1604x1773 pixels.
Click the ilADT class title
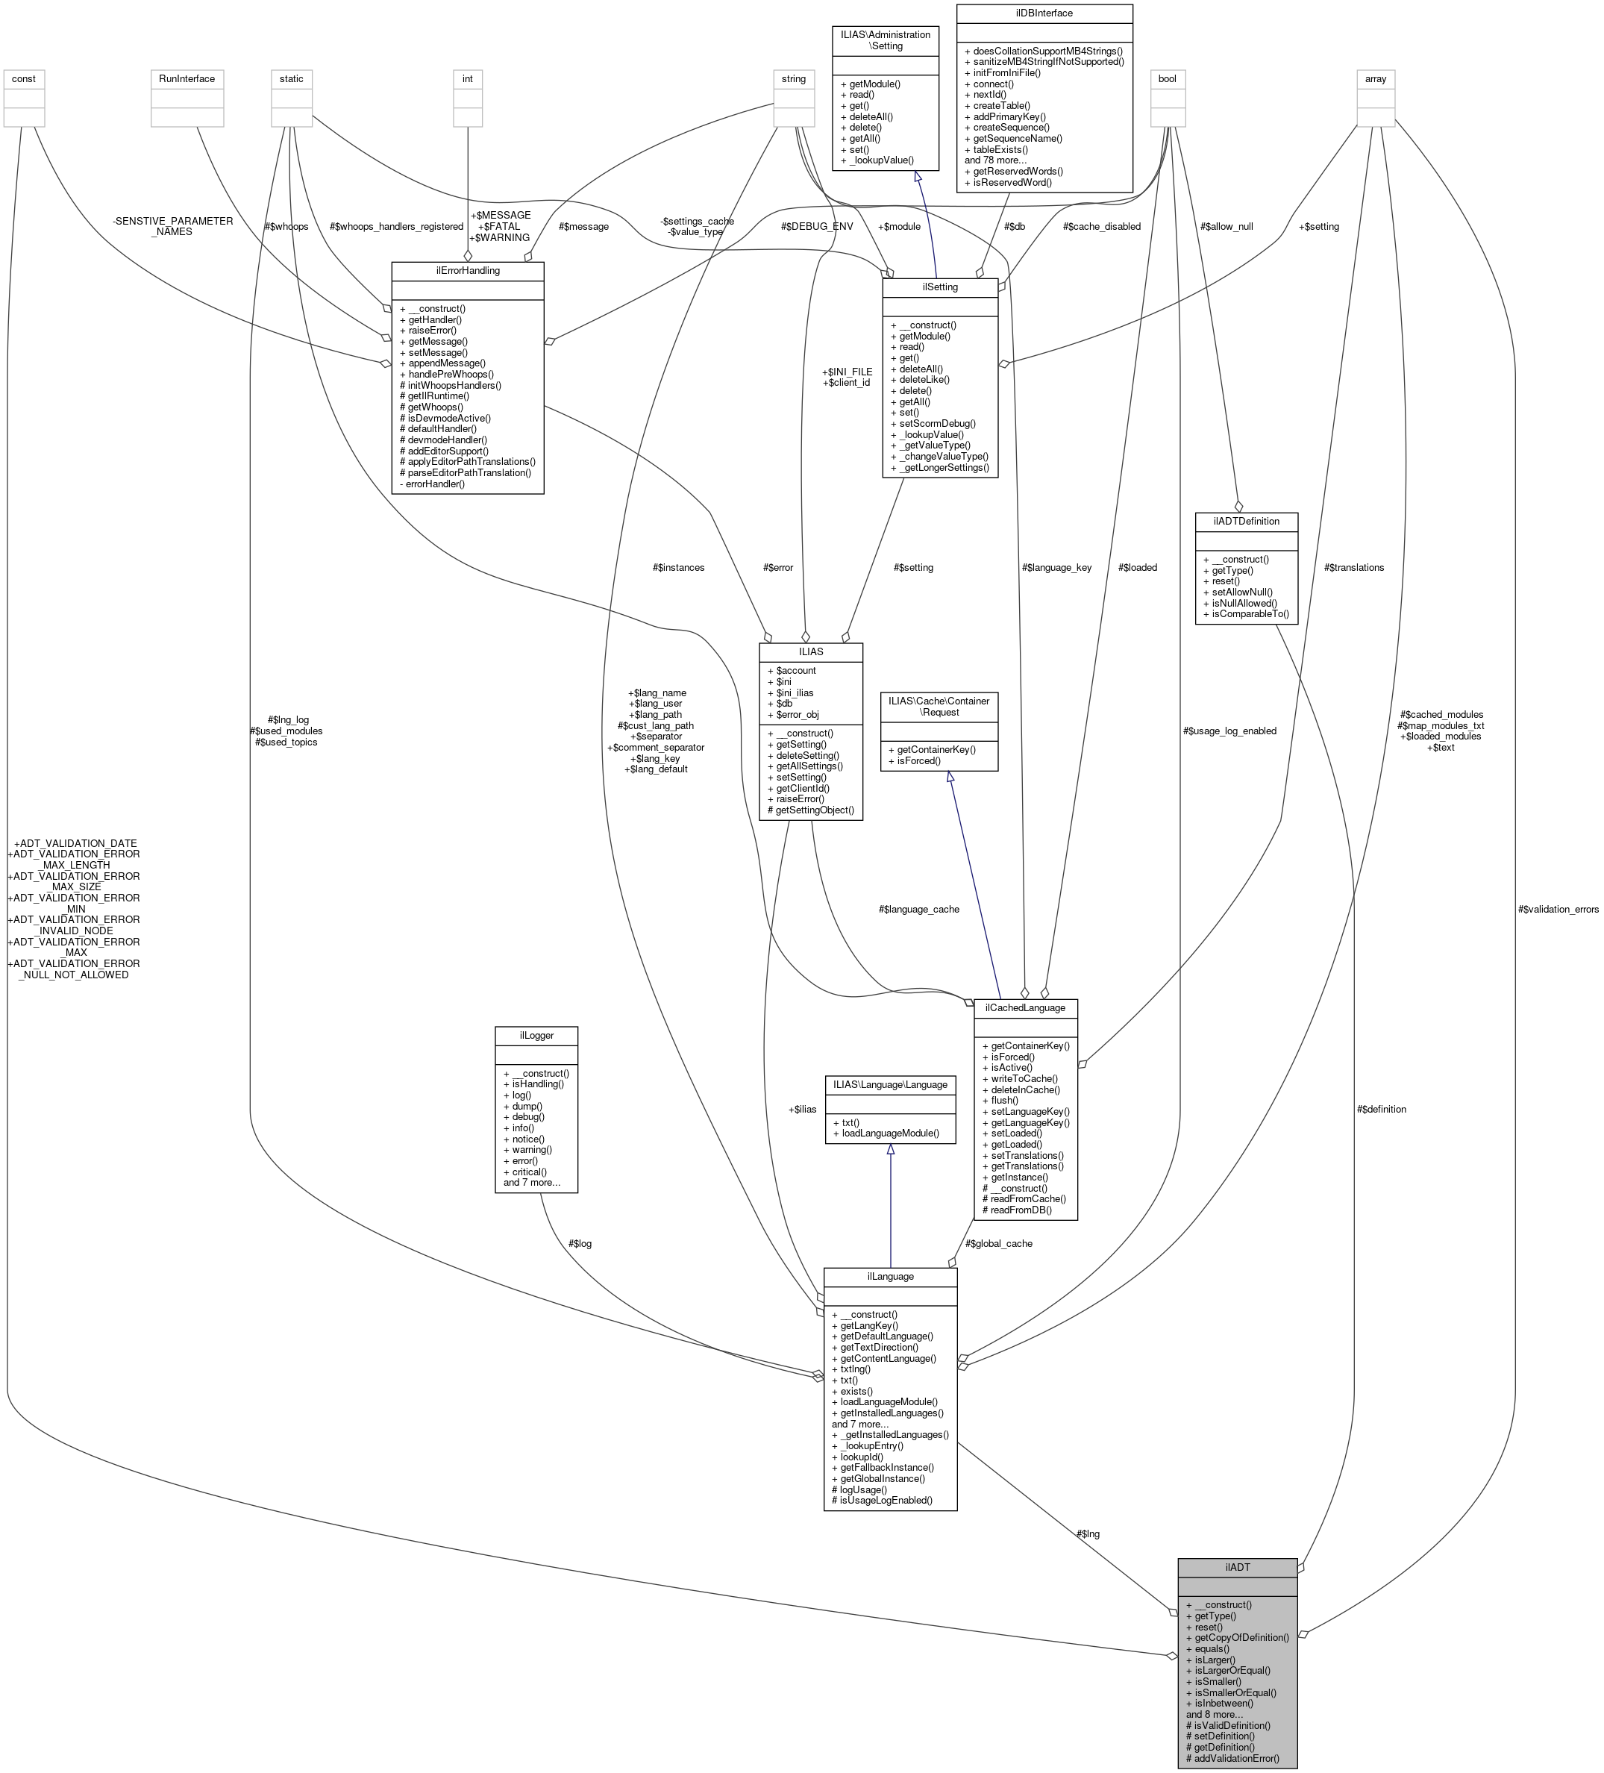pyautogui.click(x=1237, y=1566)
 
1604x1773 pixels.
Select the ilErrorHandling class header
pyautogui.click(x=467, y=270)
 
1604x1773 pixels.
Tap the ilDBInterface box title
pyautogui.click(x=1044, y=13)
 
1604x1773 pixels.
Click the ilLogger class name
pyautogui.click(x=536, y=1035)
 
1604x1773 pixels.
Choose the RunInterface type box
pyautogui.click(x=187, y=78)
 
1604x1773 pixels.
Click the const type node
pyautogui.click(x=24, y=78)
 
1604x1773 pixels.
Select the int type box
pyautogui.click(x=467, y=78)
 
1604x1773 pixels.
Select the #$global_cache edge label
pyautogui.click(x=998, y=1243)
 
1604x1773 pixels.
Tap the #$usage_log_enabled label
pyautogui.click(x=1229, y=731)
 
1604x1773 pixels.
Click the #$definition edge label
pyautogui.click(x=1381, y=1109)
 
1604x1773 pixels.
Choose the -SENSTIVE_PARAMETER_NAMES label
pyautogui.click(x=172, y=226)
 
